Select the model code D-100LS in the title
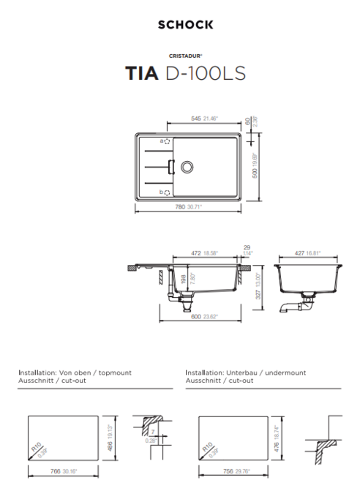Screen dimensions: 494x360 (204, 74)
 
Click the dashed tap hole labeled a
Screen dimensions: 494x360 (167, 141)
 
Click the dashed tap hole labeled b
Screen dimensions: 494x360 (167, 192)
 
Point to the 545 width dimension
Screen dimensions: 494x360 (197, 118)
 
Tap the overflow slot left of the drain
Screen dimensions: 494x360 (171, 166)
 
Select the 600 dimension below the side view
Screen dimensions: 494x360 (196, 317)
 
